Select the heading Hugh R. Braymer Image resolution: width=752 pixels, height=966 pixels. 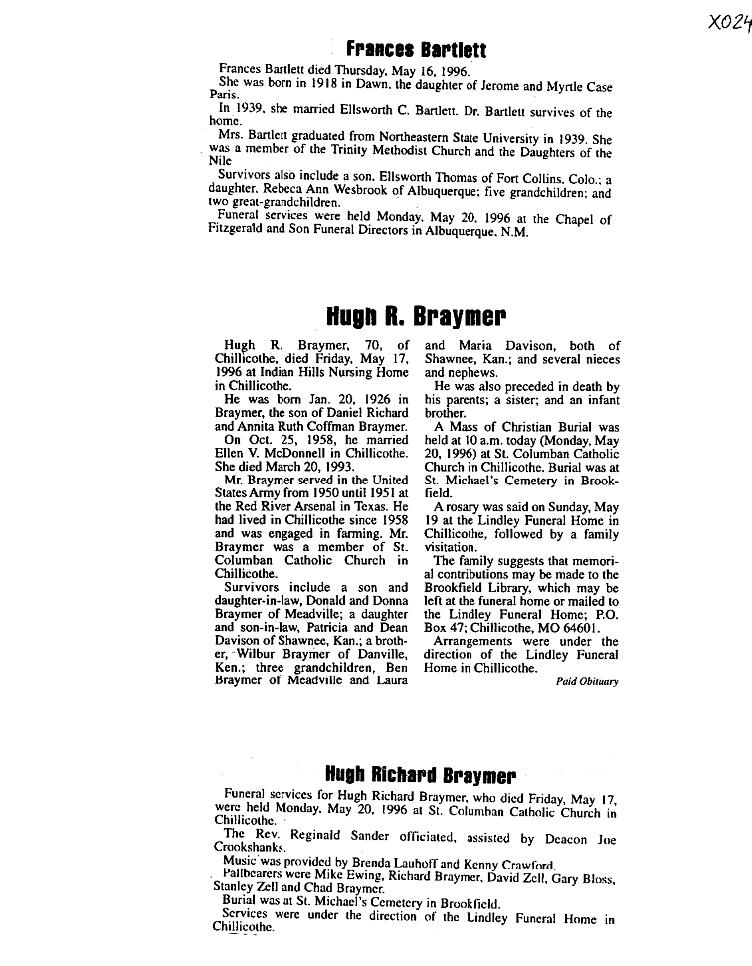(x=417, y=317)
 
